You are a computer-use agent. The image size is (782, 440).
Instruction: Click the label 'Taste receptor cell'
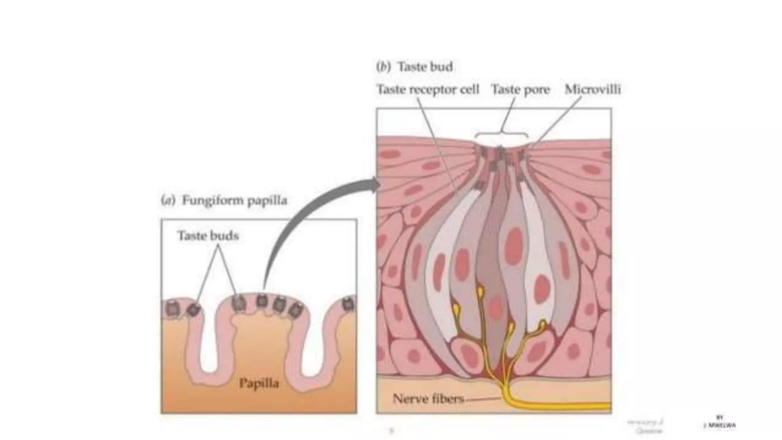428,89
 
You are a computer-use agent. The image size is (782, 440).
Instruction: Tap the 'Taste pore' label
520,89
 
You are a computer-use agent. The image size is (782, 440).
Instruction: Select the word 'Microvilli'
593,89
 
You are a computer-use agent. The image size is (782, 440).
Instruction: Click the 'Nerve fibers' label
428,399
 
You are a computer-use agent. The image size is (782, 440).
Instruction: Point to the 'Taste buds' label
208,235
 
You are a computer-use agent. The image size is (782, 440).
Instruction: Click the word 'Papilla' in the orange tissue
259,383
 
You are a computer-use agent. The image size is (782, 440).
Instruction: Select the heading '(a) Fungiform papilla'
224,200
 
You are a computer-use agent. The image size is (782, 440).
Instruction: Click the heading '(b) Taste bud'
414,67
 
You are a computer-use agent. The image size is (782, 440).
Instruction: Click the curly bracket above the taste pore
501,135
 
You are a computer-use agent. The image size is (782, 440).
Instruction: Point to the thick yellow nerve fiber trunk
554,407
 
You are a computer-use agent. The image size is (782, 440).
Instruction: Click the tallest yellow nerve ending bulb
480,292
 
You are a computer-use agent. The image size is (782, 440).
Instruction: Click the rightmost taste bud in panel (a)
348,304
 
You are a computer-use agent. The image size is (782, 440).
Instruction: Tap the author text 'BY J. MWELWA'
719,422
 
